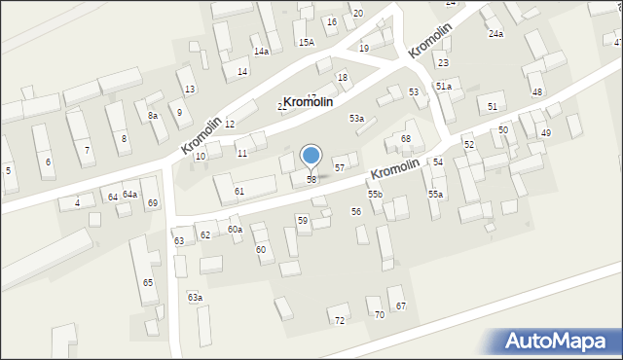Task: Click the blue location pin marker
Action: pos(311,156)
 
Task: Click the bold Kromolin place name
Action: pos(308,102)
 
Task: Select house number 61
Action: pos(239,192)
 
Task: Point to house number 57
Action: pos(340,168)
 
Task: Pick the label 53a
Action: pos(357,119)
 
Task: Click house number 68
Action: pos(406,139)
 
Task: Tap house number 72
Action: pos(340,320)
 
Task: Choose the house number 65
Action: pos(148,283)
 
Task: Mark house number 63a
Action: pos(196,298)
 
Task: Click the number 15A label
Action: pos(307,43)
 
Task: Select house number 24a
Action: pos(496,34)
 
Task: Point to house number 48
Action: pos(537,91)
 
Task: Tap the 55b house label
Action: pos(375,195)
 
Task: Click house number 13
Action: pos(190,90)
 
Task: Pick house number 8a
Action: pos(153,116)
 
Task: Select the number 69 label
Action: pos(153,203)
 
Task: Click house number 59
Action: pos(303,221)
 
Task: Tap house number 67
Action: pos(400,306)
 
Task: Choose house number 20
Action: pos(357,13)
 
